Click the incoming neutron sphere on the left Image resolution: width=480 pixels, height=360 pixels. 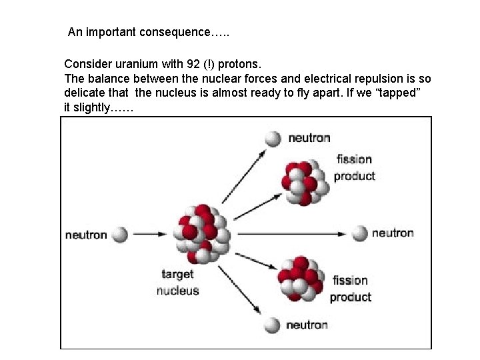120,234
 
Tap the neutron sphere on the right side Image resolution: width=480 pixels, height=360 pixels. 360,233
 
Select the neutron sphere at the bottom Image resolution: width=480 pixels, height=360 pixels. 271,325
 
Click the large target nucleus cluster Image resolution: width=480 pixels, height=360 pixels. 202,234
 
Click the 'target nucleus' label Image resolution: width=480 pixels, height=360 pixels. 178,282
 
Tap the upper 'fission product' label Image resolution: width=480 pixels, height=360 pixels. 354,167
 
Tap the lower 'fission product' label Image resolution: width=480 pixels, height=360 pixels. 351,289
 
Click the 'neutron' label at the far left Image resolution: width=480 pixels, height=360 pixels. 86,235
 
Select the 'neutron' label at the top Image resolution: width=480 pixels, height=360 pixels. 309,138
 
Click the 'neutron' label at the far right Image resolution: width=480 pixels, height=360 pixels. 393,233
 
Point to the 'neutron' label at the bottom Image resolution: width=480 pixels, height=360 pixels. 307,325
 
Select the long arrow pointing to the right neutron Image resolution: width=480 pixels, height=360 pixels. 293,234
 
